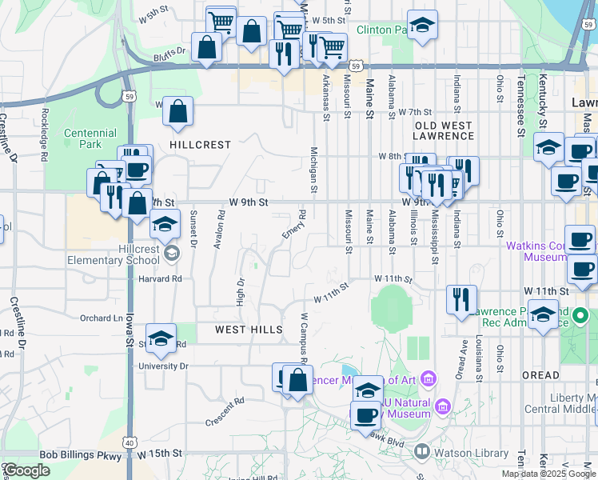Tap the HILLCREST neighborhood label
[x=200, y=145]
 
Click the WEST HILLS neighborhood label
[x=249, y=330]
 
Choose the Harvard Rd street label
[x=164, y=278]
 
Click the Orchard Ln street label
[x=102, y=318]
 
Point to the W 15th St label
[x=160, y=453]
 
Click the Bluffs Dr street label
[x=169, y=50]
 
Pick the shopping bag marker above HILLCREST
[x=177, y=112]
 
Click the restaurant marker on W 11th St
[x=462, y=300]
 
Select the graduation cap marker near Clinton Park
[x=422, y=25]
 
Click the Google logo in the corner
[x=26, y=470]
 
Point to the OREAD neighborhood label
[x=541, y=374]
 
